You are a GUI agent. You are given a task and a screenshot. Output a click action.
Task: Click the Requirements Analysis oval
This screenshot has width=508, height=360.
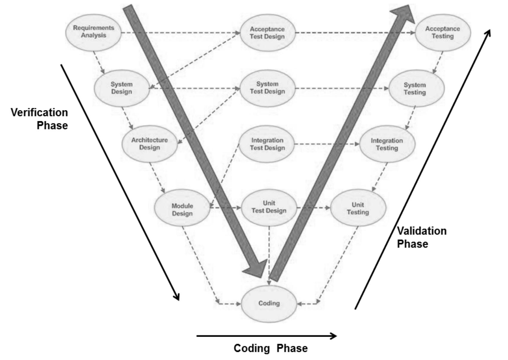point(94,32)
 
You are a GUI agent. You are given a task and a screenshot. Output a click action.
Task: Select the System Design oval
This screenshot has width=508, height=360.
point(122,88)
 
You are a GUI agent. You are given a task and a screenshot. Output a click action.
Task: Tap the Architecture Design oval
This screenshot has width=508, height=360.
point(149,144)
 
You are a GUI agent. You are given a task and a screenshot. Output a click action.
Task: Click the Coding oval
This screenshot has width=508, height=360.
point(269,304)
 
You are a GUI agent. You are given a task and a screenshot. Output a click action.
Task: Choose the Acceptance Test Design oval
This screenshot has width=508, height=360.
point(267,33)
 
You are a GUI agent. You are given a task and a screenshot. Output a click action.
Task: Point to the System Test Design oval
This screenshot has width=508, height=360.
point(267,88)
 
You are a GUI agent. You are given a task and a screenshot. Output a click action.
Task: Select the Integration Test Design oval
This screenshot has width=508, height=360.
point(267,144)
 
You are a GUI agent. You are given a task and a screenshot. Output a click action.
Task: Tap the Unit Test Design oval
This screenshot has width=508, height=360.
point(269,207)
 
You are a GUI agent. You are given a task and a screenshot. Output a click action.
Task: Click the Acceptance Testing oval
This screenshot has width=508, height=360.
point(443,33)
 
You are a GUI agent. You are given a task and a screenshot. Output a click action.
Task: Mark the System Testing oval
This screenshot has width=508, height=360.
point(416,89)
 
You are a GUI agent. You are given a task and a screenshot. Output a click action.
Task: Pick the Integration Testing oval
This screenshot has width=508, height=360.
point(387,144)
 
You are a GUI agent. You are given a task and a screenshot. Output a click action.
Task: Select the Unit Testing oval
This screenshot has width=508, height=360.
point(358,208)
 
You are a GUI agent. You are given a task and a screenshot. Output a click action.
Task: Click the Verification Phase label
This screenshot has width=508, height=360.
point(39,119)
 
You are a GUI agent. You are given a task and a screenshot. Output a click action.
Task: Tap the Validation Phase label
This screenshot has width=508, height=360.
point(422,237)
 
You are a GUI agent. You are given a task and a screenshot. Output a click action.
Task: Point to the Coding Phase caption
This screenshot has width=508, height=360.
point(270,348)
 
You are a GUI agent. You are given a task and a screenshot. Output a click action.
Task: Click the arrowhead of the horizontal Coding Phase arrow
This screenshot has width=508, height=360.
point(334,336)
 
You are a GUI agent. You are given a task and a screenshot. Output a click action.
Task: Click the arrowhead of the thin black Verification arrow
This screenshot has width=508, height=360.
point(177,296)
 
